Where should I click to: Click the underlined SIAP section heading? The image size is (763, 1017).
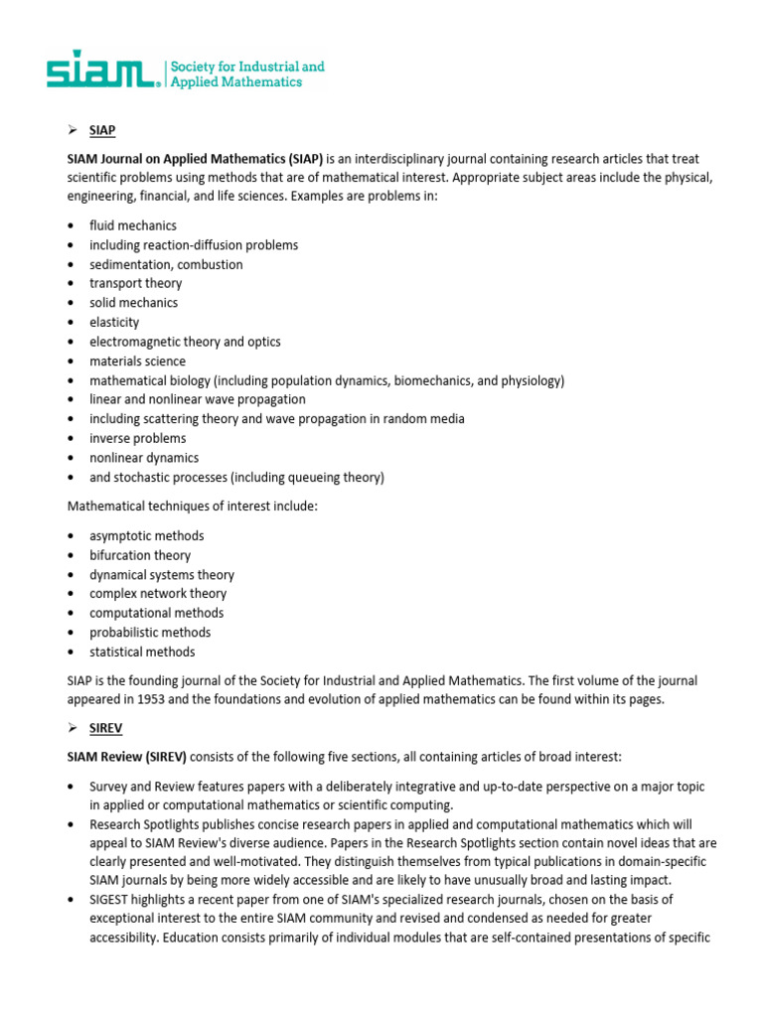coord(102,130)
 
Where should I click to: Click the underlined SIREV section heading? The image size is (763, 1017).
coord(106,729)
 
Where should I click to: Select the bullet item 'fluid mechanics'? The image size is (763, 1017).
coord(133,225)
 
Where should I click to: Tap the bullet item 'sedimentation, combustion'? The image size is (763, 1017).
coord(166,264)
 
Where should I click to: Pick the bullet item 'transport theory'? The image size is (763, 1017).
coord(135,283)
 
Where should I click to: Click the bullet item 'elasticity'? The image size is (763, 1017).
coord(114,322)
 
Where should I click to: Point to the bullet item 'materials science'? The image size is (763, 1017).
coord(137,361)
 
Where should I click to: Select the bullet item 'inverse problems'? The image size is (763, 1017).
coord(137,438)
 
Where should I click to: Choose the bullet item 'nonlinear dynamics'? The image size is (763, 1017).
coord(144,458)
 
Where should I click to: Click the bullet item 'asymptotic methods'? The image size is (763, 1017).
coord(147,535)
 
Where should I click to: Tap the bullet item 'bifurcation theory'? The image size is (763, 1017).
coord(140,555)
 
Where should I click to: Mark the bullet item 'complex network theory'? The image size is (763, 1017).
coord(158,594)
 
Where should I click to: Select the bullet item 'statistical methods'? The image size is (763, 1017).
coord(142,652)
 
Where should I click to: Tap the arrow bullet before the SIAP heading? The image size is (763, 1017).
coord(72,130)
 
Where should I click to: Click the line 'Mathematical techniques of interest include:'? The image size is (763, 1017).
coord(192,507)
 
